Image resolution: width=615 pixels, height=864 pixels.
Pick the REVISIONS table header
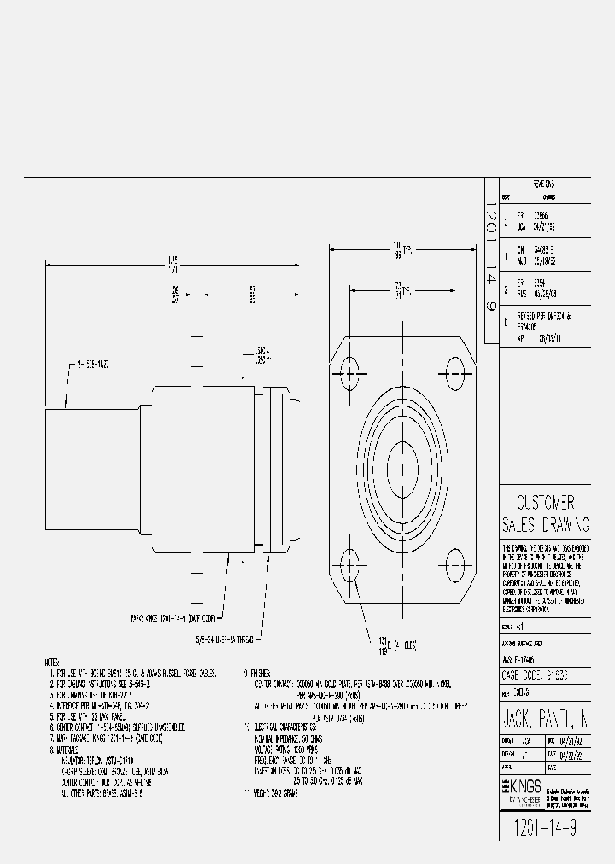(544, 184)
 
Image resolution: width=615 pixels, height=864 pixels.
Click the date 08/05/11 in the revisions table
(552, 337)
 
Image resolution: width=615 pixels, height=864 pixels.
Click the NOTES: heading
(52, 662)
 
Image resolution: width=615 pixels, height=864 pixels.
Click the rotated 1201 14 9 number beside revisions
(491, 260)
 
